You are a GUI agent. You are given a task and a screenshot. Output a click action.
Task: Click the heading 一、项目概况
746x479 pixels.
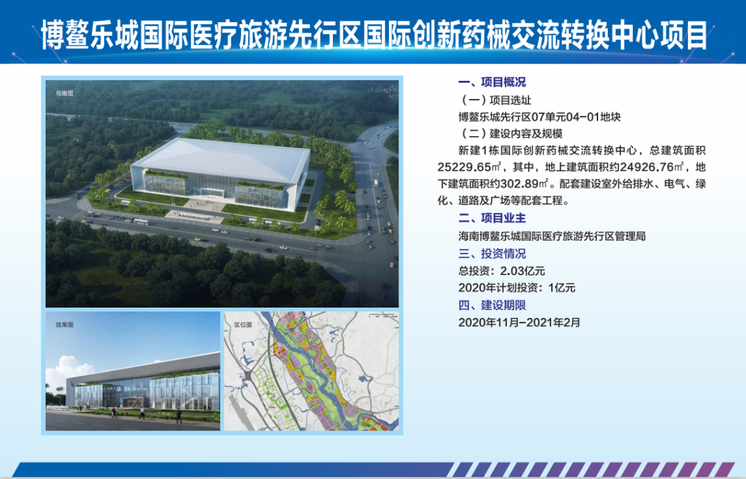click(x=492, y=82)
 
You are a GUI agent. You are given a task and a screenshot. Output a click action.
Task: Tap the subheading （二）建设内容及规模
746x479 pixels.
click(x=511, y=134)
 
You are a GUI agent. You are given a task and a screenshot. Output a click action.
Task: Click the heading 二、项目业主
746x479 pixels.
click(x=492, y=218)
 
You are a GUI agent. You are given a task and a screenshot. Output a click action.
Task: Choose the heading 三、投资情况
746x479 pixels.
click(x=492, y=253)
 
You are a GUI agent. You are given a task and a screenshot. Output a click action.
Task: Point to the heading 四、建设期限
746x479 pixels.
click(x=492, y=306)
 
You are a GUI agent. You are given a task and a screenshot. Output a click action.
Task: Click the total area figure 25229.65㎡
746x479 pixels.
click(x=469, y=167)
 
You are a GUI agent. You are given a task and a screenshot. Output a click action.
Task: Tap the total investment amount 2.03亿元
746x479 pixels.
click(x=522, y=271)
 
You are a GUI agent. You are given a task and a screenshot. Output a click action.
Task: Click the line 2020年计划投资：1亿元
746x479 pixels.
click(x=517, y=288)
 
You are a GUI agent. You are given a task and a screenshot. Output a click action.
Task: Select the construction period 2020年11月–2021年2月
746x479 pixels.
click(x=519, y=322)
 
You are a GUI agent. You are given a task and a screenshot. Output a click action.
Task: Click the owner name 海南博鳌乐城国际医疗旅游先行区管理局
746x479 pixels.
click(x=552, y=236)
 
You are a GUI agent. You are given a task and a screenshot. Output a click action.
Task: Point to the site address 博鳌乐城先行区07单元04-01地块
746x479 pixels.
click(x=539, y=117)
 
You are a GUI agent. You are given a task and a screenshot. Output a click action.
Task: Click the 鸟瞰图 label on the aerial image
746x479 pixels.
click(x=65, y=93)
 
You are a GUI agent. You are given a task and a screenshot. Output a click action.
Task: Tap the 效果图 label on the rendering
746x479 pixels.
click(x=65, y=325)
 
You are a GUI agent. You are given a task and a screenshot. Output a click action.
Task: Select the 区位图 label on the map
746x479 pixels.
click(x=242, y=325)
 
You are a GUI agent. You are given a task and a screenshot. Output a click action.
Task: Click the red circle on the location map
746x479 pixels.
click(x=280, y=353)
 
